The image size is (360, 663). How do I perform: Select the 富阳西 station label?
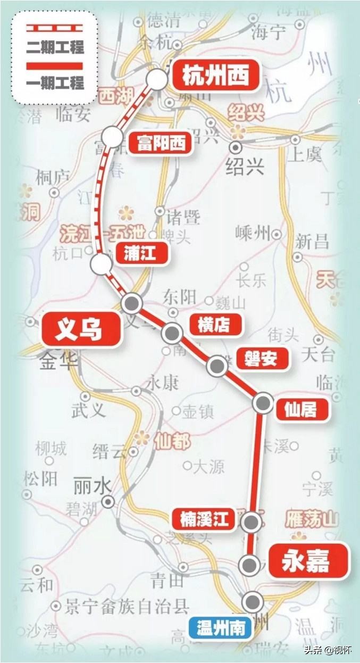pyautogui.click(x=160, y=143)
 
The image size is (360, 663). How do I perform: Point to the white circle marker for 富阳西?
pyautogui.click(x=113, y=138)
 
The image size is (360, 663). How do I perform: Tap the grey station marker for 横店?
pyautogui.click(x=172, y=333)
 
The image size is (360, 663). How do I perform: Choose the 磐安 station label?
pyautogui.click(x=261, y=359)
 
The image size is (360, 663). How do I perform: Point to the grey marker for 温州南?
pyautogui.click(x=253, y=602)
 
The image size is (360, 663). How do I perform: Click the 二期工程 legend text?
pyautogui.click(x=55, y=47)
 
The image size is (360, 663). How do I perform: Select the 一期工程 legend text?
pyautogui.click(x=55, y=83)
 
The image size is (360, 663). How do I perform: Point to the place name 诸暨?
pyautogui.click(x=183, y=217)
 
